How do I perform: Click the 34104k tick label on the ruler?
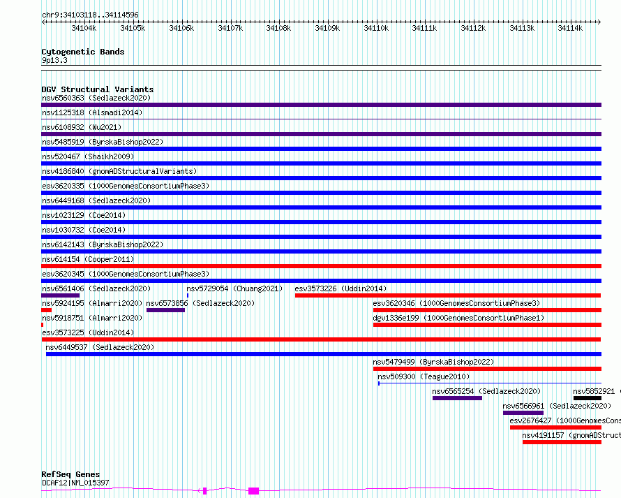coord(84,28)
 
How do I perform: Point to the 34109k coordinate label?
coord(327,28)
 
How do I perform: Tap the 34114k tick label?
coord(570,28)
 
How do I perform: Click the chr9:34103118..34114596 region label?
coord(90,15)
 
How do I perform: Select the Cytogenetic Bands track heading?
coord(82,52)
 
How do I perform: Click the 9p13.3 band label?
coord(54,61)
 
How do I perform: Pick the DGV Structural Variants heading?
coord(97,89)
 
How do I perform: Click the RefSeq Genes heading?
coord(70,475)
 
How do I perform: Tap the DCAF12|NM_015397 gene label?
coord(75,483)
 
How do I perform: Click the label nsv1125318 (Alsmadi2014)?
coord(91,112)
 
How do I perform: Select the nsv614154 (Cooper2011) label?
coord(87,259)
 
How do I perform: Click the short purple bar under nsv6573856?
coord(165,310)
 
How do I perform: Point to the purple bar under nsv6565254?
coord(457,398)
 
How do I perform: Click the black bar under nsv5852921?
coord(587,398)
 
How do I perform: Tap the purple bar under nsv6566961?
coord(523,413)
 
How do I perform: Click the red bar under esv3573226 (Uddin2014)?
coord(447,295)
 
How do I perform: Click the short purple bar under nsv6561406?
coord(60,295)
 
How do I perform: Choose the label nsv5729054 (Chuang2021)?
coord(234,288)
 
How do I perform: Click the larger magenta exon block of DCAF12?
coord(253,491)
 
